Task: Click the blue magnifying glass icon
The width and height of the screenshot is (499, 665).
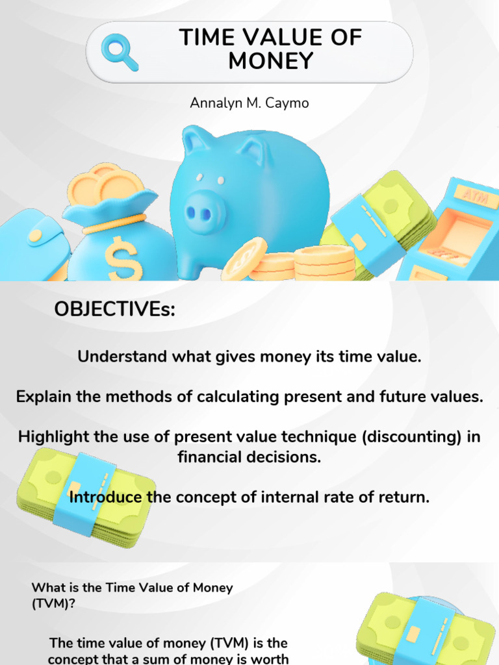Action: coord(120,52)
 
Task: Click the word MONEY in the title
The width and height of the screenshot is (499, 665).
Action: coord(270,61)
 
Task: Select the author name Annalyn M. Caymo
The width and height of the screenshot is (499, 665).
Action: coord(249,103)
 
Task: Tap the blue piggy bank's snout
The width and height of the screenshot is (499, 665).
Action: coord(204,212)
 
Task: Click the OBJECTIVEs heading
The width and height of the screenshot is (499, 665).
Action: coord(115,310)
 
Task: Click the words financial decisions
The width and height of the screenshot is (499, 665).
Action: coord(249,457)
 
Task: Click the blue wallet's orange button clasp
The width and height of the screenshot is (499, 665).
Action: coord(36,236)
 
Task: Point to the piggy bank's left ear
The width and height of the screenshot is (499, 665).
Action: coord(196,142)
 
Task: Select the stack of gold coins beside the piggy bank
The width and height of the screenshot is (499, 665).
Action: coord(324,262)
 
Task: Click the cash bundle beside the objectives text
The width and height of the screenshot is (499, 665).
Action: coord(84,497)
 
